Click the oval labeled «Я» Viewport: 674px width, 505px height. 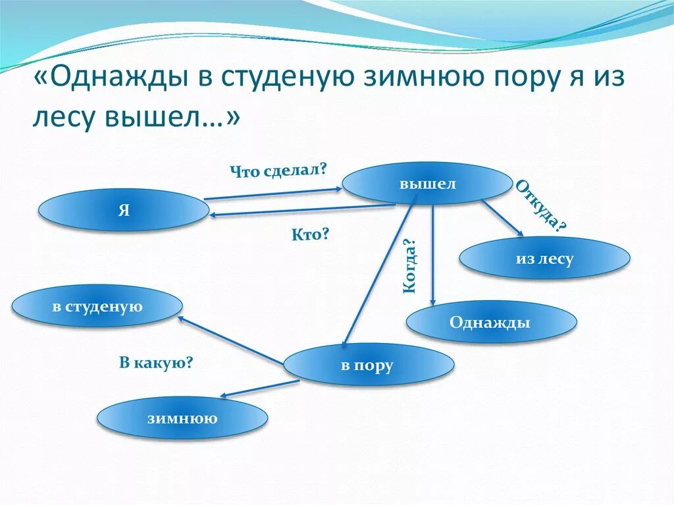[124, 210]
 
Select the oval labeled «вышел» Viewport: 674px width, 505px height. [427, 183]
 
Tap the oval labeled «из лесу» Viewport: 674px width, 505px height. [544, 258]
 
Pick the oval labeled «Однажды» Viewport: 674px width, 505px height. [491, 322]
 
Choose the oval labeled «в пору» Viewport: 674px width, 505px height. [368, 365]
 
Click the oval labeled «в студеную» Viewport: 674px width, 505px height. [97, 306]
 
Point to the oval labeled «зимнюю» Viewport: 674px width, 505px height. [182, 417]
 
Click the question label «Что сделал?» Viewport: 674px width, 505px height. [278, 171]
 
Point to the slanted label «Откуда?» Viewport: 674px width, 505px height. [540, 205]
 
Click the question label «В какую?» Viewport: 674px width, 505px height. [155, 362]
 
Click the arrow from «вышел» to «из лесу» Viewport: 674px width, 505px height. [502, 218]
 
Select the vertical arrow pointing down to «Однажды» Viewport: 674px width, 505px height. [432, 253]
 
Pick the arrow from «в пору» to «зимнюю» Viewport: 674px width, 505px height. [259, 388]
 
